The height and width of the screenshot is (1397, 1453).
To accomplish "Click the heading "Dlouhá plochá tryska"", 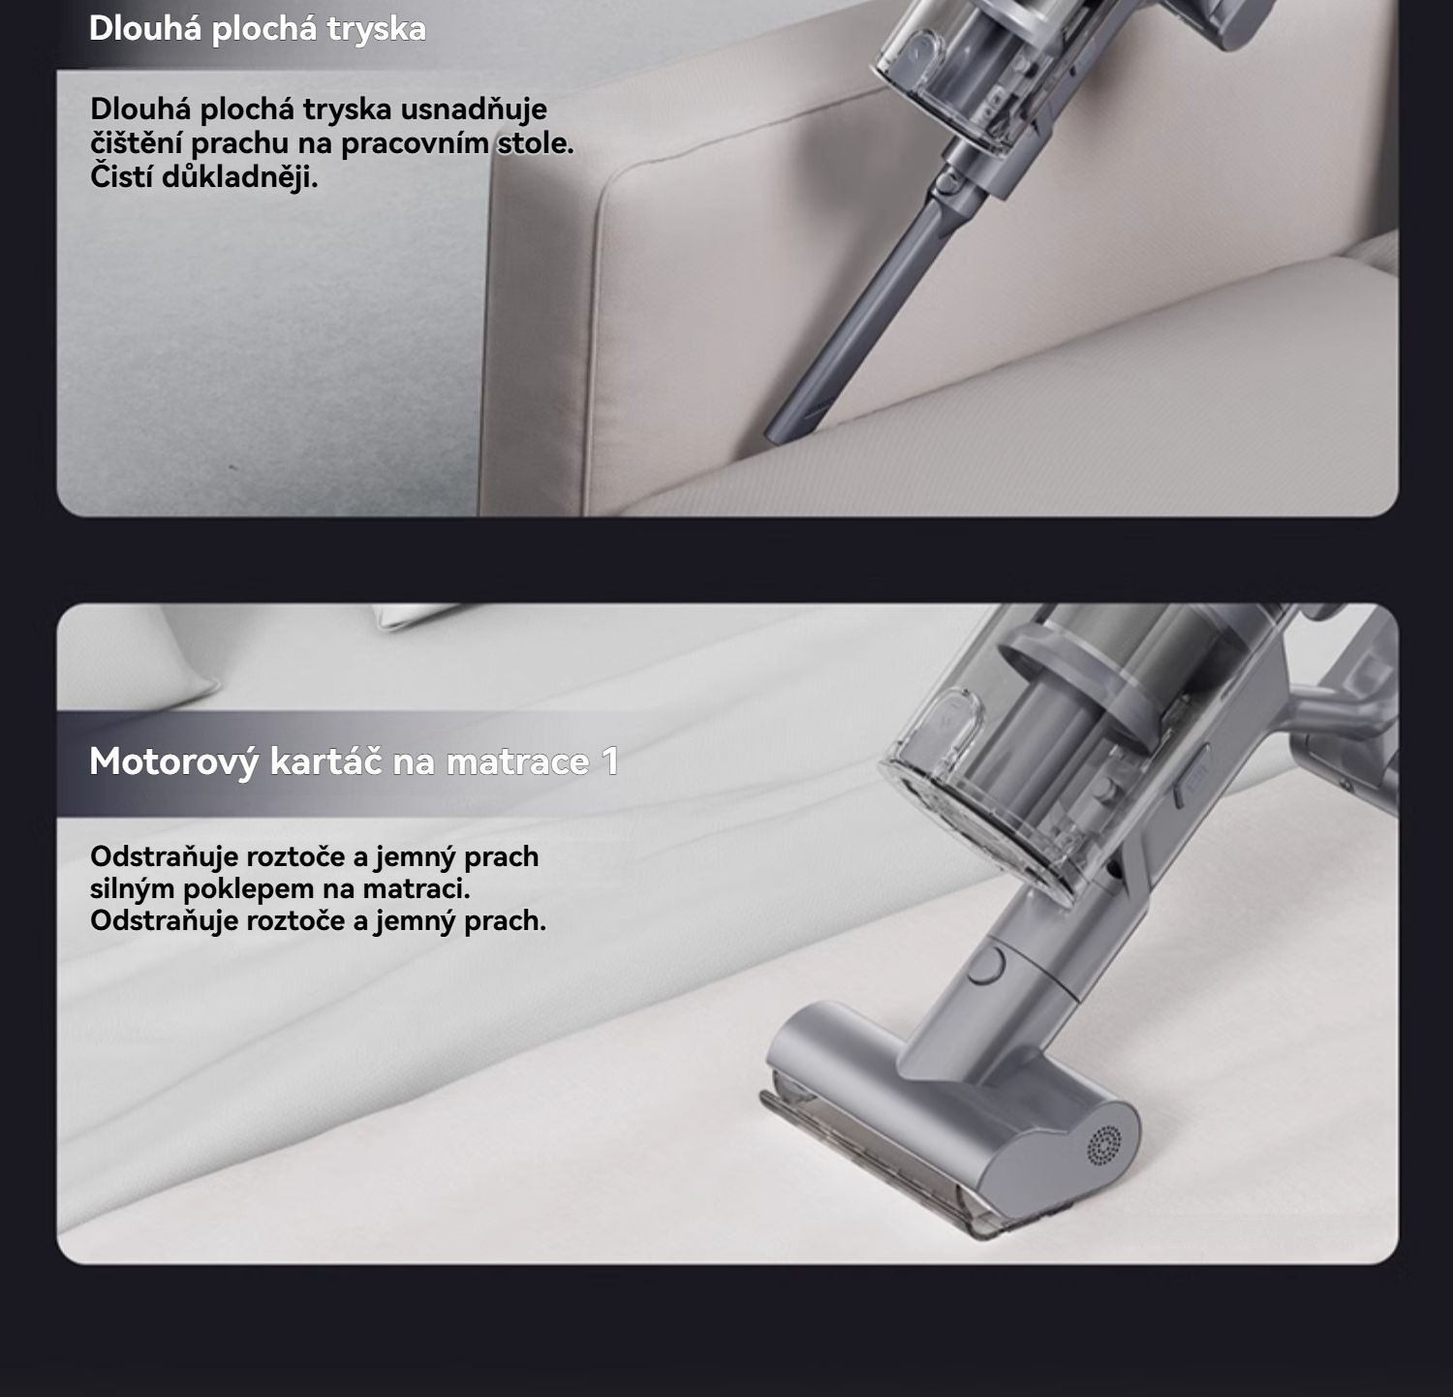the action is [x=258, y=28].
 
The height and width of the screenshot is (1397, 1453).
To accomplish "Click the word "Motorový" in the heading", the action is [x=174, y=761].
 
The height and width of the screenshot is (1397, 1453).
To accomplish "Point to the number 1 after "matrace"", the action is [x=610, y=761].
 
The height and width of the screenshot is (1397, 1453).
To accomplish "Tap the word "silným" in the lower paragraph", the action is [x=133, y=888].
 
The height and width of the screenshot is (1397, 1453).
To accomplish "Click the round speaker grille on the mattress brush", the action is [x=1104, y=1145].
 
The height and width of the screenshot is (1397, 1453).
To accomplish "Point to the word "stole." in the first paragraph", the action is [x=536, y=142].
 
